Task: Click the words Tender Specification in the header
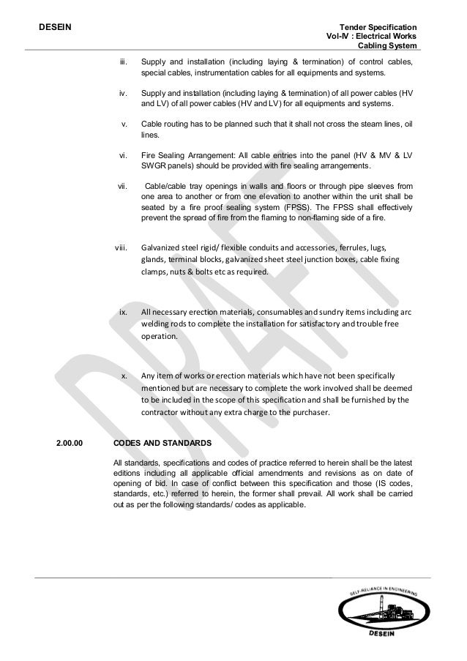(x=381, y=26)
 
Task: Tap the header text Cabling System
(x=387, y=47)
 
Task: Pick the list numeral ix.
(x=124, y=311)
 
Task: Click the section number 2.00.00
(x=70, y=443)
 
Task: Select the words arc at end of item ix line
(x=405, y=311)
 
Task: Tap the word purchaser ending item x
(x=310, y=412)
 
